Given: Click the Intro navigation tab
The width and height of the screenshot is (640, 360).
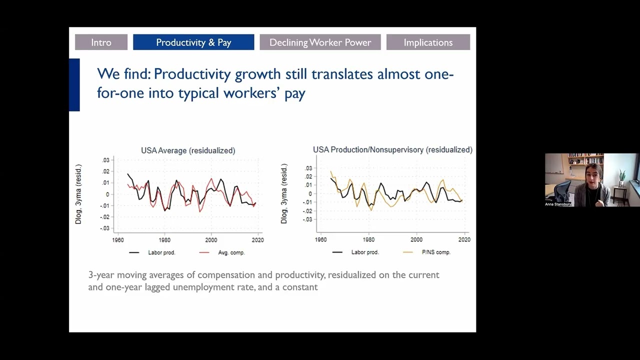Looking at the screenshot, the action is coord(101,42).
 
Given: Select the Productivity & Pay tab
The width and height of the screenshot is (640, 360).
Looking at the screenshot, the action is coord(193,42).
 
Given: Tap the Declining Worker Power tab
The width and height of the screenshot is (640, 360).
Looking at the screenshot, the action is coord(320,42).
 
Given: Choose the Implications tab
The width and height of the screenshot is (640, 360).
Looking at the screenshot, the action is coord(428,42).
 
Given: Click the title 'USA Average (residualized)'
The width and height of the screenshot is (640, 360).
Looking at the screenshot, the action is coord(188,150).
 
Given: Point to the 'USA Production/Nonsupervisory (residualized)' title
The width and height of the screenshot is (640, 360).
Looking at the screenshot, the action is coord(392,149).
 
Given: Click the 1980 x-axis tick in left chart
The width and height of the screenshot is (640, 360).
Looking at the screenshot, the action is coord(164,240).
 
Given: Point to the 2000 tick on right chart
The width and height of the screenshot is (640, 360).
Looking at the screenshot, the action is coord(416,239).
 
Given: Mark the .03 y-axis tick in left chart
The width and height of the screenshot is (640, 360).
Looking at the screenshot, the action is coord(105,160).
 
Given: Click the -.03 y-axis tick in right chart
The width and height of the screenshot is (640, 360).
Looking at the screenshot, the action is coord(307,219).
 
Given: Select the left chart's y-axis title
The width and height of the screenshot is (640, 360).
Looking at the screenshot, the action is coord(78,194).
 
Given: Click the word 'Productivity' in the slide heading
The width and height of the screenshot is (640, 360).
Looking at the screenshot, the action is coord(192,74).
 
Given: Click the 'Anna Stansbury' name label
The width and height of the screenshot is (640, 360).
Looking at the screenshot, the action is coord(558,204).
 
